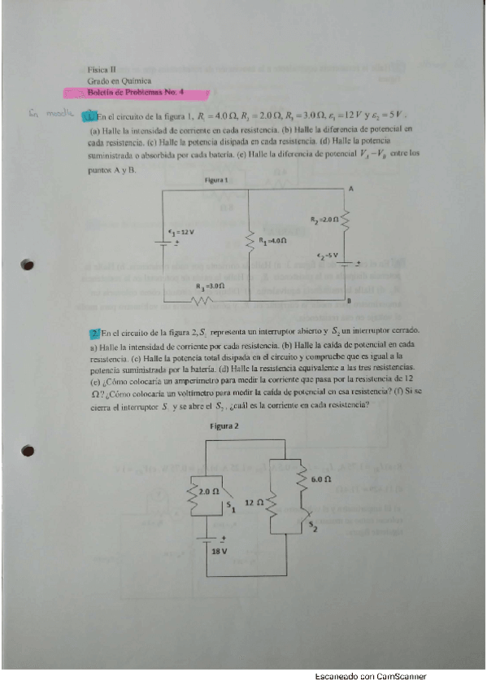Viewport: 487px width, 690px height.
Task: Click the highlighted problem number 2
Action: point(95,333)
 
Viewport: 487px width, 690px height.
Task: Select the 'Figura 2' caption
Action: point(224,426)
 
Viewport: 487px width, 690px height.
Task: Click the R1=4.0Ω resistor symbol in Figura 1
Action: point(250,241)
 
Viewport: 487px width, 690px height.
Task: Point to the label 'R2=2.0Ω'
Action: point(325,220)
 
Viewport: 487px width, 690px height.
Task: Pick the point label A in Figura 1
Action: point(350,189)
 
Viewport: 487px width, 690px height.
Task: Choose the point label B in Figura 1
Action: point(349,301)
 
